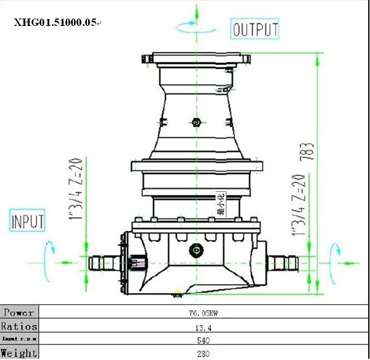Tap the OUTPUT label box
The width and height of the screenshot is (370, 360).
[255, 29]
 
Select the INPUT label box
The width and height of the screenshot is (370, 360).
[28, 220]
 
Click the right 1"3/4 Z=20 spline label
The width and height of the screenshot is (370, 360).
[301, 206]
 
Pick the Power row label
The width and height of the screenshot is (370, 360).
[19, 312]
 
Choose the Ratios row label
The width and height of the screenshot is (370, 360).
[19, 326]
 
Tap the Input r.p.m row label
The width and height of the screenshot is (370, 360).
[19, 340]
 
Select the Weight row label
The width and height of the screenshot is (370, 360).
[19, 353]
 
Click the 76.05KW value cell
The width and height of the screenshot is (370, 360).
[203, 313]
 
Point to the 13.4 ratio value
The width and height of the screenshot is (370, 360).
[203, 327]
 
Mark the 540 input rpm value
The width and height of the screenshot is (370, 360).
[203, 340]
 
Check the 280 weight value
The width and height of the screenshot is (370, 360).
[203, 354]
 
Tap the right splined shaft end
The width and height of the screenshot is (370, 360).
[283, 263]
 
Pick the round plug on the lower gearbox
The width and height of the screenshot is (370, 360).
[197, 250]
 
